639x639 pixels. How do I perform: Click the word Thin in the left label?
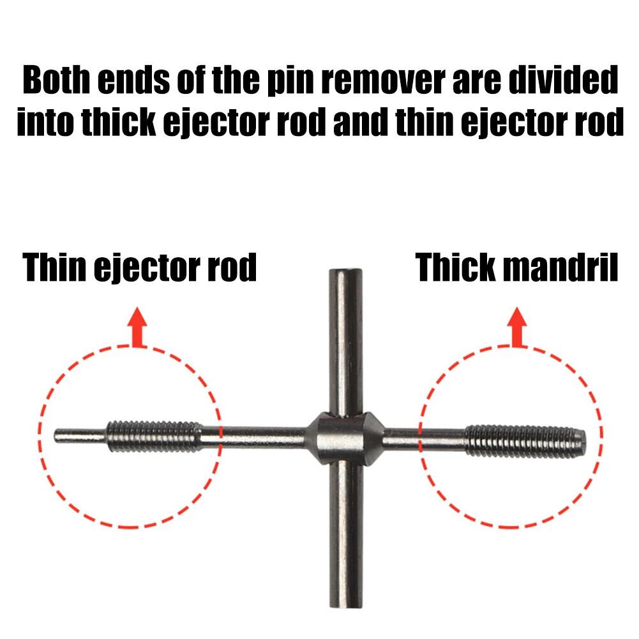54,268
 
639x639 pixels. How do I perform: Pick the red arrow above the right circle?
515,326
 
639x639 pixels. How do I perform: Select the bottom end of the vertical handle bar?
345,600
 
